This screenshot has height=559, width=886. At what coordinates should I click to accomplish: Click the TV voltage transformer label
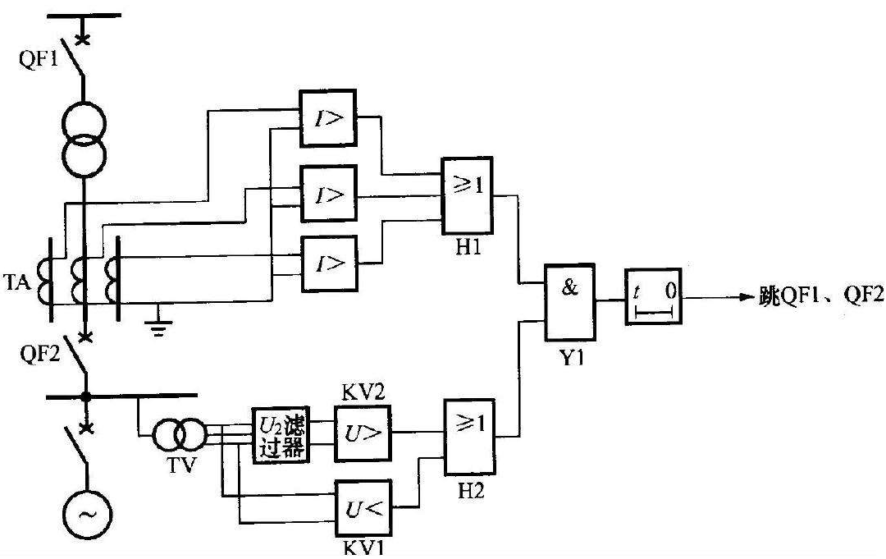click(169, 470)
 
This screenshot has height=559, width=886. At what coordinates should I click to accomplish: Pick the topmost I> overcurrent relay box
click(327, 117)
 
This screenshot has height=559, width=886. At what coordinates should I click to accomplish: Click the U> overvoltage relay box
click(363, 433)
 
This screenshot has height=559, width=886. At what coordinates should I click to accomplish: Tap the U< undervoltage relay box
click(363, 506)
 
